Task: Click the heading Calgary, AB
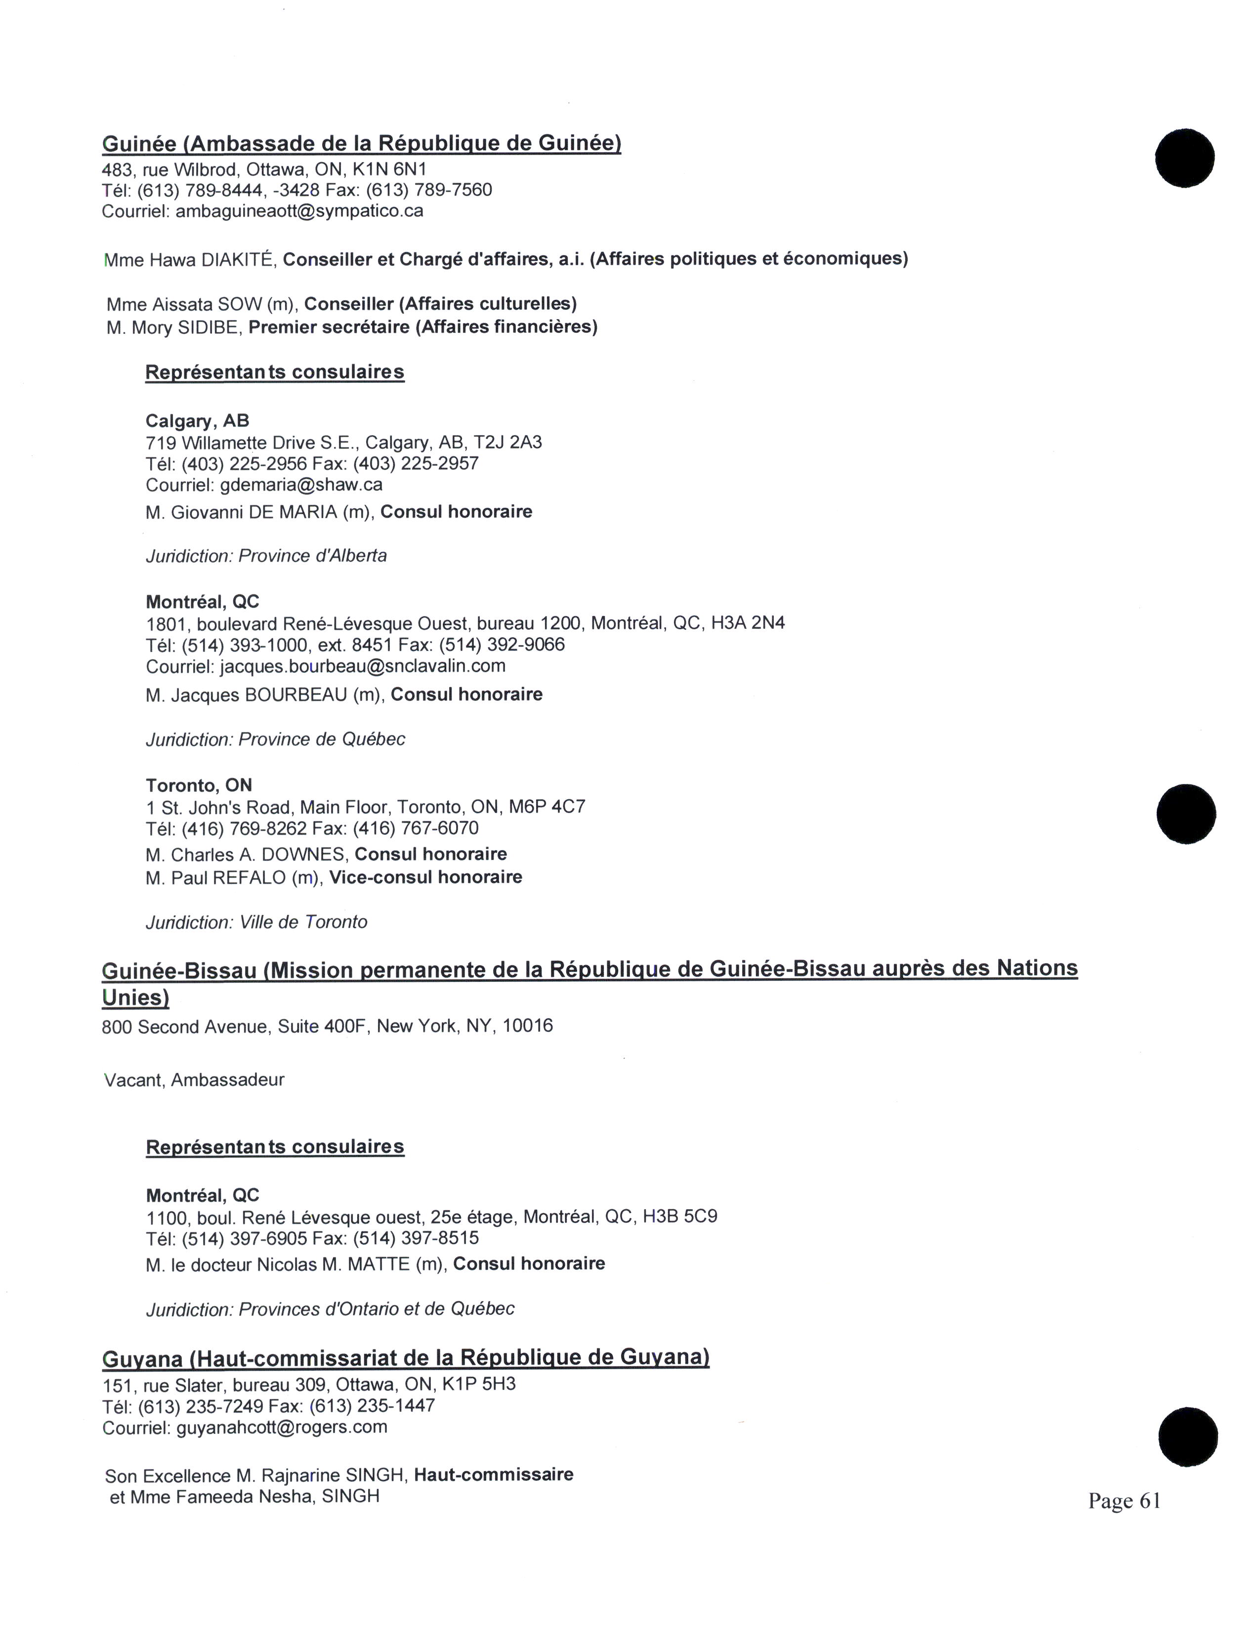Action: (197, 421)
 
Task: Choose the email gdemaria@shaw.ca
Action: (301, 485)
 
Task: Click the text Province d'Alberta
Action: (313, 556)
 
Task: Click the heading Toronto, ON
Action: (199, 785)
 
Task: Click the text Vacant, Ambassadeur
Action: (194, 1080)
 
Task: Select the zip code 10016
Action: (528, 1026)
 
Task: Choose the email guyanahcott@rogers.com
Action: (282, 1427)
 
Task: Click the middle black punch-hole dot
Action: (1186, 814)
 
